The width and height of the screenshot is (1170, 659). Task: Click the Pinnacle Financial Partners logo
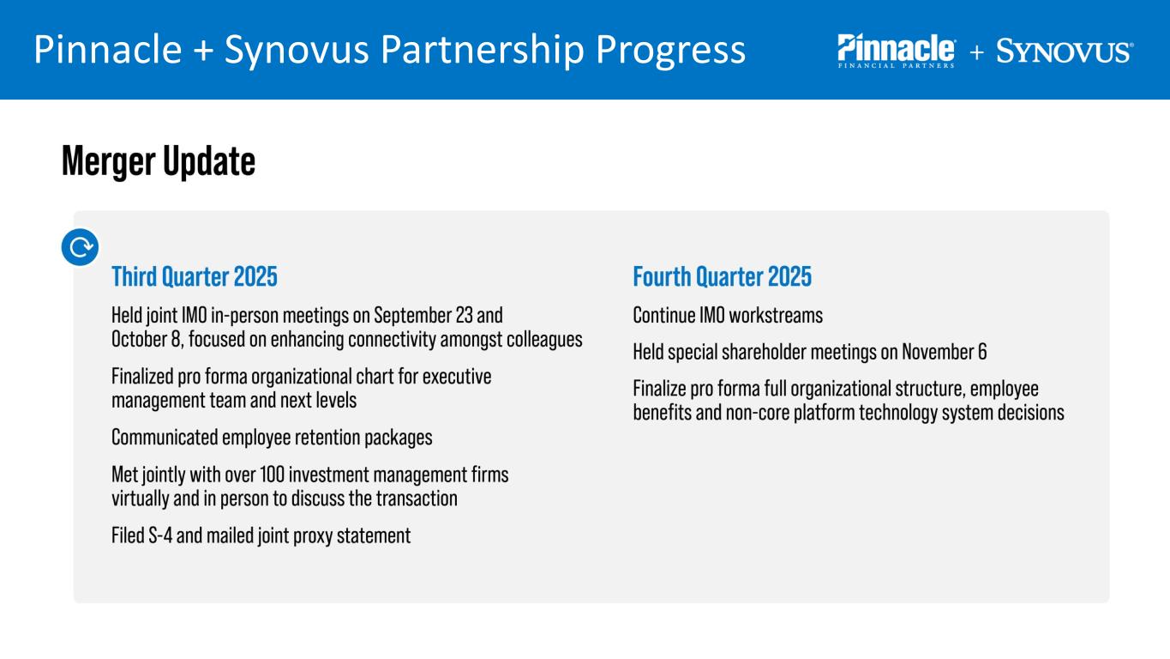point(897,51)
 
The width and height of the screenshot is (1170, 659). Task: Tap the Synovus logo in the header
point(1065,51)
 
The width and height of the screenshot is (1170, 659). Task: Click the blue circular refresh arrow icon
point(80,247)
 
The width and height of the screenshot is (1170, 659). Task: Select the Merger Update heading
point(159,161)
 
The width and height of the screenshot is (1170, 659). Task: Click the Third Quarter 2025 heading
point(195,276)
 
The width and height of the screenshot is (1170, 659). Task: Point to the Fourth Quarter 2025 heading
point(723,276)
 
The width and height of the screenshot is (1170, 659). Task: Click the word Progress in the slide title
point(670,51)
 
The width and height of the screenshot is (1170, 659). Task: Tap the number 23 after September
point(464,316)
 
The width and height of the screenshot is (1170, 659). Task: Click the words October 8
point(147,340)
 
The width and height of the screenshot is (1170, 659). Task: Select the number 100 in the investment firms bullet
point(272,475)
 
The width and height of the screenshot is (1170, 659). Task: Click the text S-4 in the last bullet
point(160,535)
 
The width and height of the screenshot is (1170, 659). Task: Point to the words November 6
point(945,352)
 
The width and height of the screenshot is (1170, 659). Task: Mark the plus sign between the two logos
point(976,51)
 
